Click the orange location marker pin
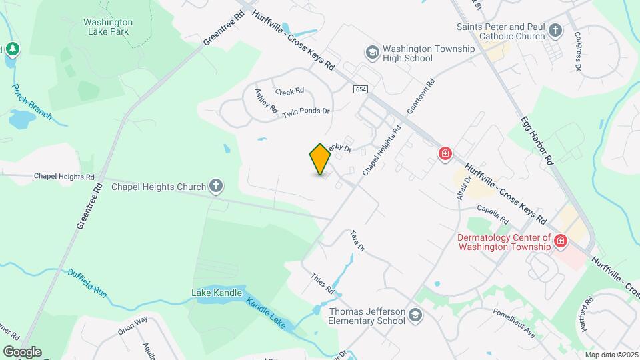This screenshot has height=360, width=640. tap(321, 159)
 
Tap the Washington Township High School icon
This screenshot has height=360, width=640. tap(371, 52)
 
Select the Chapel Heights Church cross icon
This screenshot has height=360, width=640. tap(216, 187)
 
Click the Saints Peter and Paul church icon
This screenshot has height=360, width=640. tap(556, 31)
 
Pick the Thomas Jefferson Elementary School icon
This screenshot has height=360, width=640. tap(415, 315)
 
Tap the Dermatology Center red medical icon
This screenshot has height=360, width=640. tap(561, 241)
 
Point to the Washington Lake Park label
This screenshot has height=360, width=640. tap(108, 27)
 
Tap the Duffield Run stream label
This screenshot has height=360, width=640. tap(87, 282)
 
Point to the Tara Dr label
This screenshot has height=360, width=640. tap(358, 241)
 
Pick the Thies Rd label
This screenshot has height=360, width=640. tap(322, 284)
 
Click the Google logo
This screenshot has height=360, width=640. tap(22, 351)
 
